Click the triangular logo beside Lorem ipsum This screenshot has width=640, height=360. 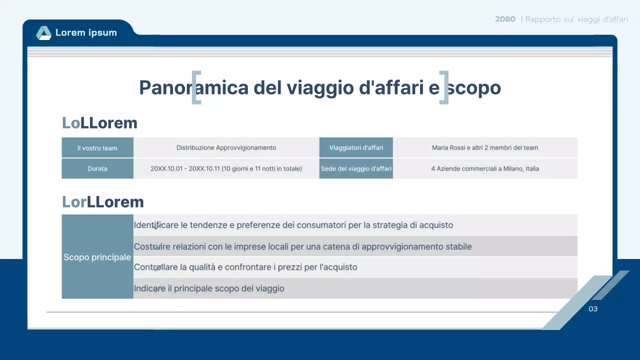43,33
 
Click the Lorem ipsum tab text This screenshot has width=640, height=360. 86,33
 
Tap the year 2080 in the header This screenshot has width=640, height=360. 505,19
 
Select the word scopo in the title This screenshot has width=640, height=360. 474,87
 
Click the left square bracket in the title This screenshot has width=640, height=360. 196,87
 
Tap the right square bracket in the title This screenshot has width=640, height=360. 444,87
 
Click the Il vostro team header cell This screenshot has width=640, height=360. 97,148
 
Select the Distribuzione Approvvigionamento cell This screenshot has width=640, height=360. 226,148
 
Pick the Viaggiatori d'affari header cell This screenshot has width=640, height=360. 356,148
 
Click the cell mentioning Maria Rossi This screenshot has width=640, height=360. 485,148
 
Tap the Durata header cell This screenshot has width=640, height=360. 97,169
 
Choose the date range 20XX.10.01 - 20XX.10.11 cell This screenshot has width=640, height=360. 226,169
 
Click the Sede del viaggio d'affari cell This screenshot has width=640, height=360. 356,169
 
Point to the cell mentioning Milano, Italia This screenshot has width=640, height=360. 485,169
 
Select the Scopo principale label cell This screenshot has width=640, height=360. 97,257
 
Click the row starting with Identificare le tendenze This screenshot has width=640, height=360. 293,225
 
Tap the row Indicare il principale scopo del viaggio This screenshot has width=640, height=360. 209,288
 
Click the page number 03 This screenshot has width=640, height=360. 593,309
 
